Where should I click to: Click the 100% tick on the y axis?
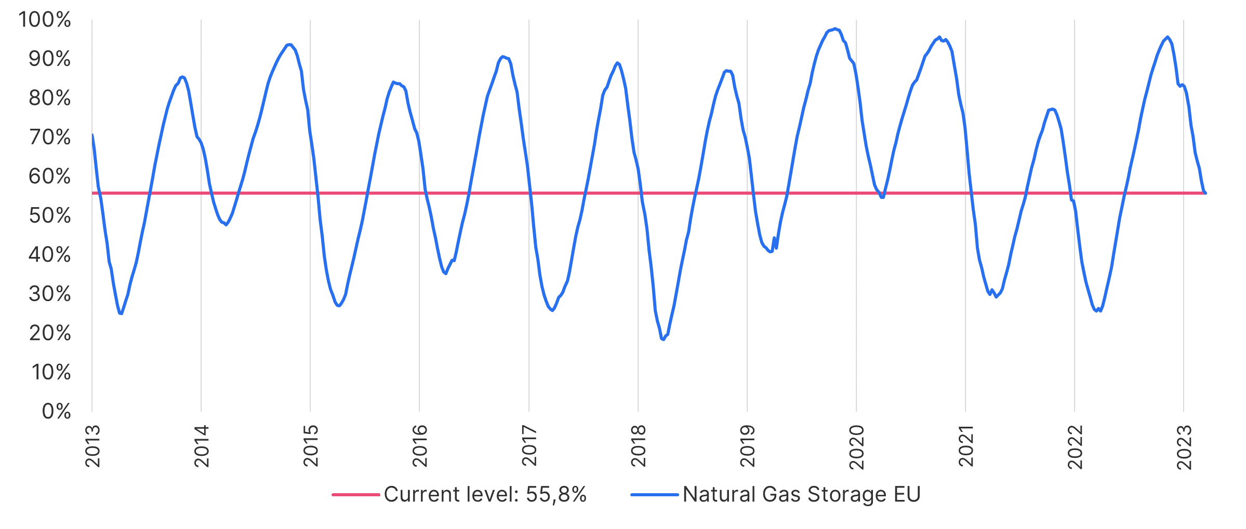(x=45, y=20)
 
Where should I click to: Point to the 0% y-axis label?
(x=56, y=412)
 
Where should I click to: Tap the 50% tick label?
(x=50, y=216)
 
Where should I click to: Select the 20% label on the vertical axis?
(x=50, y=333)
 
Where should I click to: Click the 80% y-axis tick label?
(x=50, y=98)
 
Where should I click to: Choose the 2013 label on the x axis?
(x=92, y=446)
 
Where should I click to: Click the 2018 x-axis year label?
(x=638, y=446)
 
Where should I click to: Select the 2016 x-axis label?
(x=420, y=446)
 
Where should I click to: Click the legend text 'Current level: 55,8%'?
(x=485, y=495)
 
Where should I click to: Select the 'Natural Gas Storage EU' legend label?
(x=801, y=495)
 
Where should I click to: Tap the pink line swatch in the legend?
(x=356, y=495)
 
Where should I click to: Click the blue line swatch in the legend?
(x=655, y=495)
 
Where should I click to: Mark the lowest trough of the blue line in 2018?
(x=663, y=339)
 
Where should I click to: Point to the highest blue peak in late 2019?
(x=835, y=29)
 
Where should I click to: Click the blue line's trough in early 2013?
(x=121, y=314)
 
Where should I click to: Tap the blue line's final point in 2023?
(x=1205, y=193)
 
